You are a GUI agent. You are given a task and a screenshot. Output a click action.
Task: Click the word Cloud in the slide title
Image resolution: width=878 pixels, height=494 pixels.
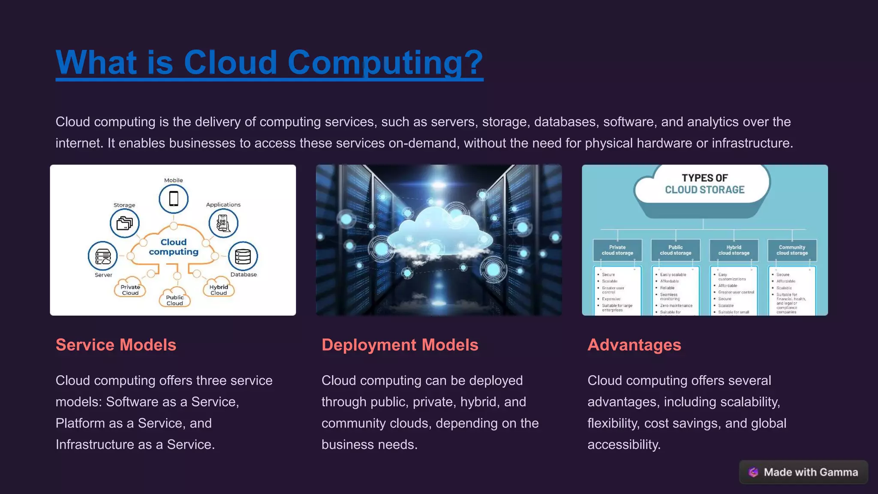[230, 63]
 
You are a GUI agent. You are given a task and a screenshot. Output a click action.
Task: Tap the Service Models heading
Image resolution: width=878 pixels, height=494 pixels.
[116, 345]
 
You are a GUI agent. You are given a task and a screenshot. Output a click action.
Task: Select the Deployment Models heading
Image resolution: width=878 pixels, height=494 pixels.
[400, 345]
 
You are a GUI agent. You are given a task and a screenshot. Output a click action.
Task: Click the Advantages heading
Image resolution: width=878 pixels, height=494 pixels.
[634, 345]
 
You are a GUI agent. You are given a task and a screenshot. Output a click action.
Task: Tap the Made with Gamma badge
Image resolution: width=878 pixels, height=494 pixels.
[803, 472]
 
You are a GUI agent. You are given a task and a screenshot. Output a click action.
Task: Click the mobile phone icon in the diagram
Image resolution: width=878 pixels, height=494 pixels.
[174, 199]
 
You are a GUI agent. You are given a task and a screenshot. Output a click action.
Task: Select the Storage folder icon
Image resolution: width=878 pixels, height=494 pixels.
[125, 223]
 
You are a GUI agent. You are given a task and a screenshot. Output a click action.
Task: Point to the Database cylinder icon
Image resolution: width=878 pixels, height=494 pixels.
[243, 256]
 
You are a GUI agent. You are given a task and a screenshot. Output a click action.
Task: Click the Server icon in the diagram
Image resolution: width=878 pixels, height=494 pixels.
[103, 256]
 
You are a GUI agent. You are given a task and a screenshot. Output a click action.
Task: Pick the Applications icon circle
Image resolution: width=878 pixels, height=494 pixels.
[223, 223]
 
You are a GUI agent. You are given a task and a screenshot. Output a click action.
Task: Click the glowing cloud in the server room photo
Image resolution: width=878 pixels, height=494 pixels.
[439, 232]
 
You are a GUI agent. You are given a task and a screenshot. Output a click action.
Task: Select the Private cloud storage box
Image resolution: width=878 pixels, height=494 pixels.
[617, 250]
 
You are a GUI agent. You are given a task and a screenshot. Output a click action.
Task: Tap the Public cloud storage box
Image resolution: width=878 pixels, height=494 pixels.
[676, 250]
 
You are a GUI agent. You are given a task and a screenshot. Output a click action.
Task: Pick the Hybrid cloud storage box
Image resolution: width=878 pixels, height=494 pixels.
[734, 250]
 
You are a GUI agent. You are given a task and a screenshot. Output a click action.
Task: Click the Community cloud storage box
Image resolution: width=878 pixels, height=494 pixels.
[792, 250]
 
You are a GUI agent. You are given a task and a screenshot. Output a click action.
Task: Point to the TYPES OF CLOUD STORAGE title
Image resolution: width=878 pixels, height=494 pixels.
[705, 184]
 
